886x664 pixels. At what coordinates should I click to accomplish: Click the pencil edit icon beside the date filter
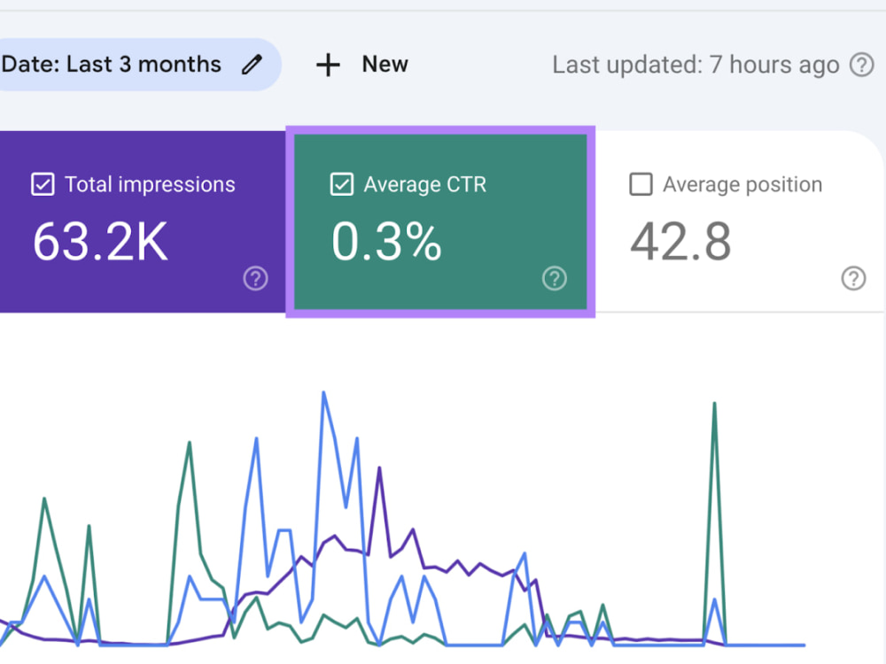(x=252, y=65)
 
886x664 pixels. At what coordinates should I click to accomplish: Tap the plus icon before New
(x=328, y=65)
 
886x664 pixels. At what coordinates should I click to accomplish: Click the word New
(x=385, y=65)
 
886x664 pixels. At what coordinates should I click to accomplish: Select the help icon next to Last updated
(x=862, y=65)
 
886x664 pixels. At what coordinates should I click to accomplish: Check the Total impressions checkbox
(x=43, y=184)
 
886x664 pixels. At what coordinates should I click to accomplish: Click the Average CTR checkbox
(x=342, y=184)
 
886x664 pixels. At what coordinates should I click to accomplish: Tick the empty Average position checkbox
(x=641, y=184)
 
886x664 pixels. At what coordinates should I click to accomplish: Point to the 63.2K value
(x=101, y=242)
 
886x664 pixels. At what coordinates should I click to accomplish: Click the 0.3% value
(x=386, y=242)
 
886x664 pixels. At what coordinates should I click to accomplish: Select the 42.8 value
(x=680, y=242)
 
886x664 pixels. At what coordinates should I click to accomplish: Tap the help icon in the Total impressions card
(x=255, y=278)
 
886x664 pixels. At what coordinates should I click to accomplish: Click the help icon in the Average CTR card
(x=555, y=278)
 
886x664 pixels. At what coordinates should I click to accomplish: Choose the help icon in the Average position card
(x=853, y=278)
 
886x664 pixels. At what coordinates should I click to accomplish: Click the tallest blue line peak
(x=323, y=392)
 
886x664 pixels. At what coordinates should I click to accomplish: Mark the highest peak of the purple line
(x=380, y=468)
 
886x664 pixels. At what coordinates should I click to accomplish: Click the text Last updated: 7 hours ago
(x=696, y=65)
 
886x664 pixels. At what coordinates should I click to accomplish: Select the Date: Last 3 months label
(x=111, y=65)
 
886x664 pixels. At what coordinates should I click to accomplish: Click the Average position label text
(x=742, y=185)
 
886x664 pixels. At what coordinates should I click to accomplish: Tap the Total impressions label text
(x=150, y=185)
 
